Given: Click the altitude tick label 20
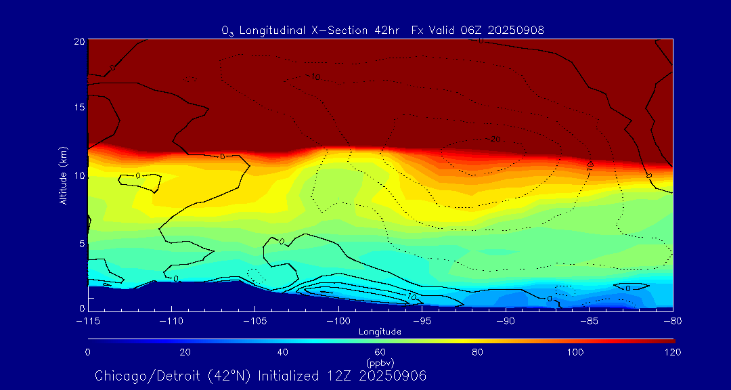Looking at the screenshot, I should pos(78,41).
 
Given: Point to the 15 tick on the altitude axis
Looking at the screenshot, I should pos(78,108).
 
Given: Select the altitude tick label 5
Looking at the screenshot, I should pos(81,244).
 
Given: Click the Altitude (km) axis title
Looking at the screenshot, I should pos(63,175).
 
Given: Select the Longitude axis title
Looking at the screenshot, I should pos(380,332).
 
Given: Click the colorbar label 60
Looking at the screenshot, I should pos(380,352).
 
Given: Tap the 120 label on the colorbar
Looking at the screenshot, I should pos(672,352).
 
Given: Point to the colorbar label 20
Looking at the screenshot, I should pos(185,352).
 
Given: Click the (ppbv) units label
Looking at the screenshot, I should pos(380,362).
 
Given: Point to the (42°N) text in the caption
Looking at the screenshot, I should pos(227,376).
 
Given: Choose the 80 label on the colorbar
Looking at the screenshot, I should pos(478,352).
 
